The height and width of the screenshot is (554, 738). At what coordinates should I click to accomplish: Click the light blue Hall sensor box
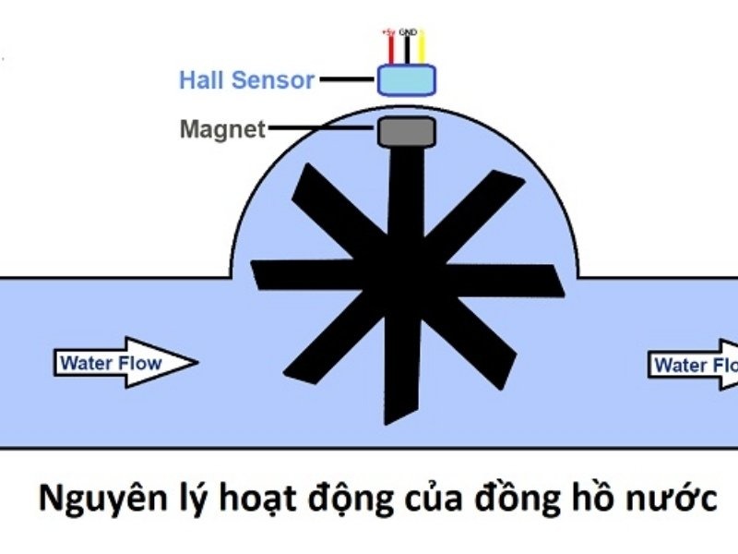pyautogui.click(x=406, y=80)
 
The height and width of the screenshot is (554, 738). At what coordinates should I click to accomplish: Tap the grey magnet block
pyautogui.click(x=406, y=130)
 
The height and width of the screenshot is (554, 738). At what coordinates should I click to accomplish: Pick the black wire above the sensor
pyautogui.click(x=406, y=50)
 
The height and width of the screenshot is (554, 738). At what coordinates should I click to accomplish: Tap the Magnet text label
pyautogui.click(x=221, y=130)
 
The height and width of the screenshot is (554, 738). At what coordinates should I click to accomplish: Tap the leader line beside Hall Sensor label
pyautogui.click(x=349, y=80)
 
